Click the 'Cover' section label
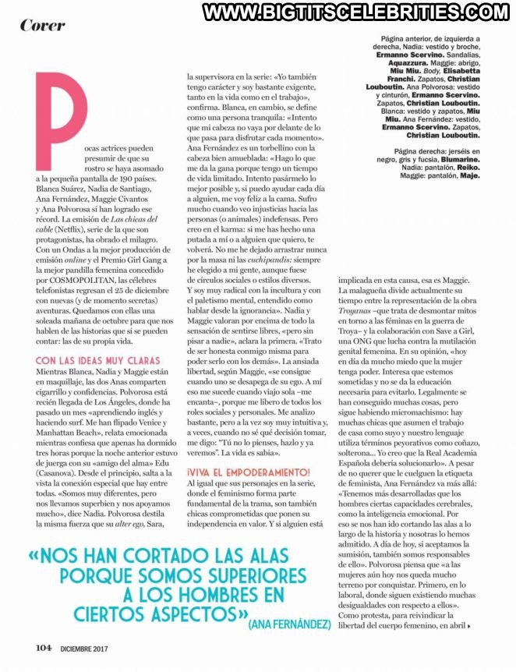coord(42,25)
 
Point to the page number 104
coord(44,647)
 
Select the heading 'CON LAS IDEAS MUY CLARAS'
coord(97,360)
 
